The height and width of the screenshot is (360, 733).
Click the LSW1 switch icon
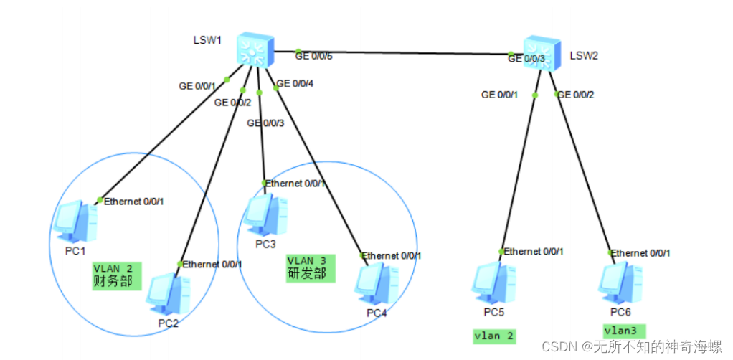(x=253, y=50)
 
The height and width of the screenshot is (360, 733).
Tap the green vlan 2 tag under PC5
(x=495, y=335)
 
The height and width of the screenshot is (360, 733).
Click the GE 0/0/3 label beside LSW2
(x=528, y=59)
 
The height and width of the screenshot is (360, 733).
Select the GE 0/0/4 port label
(x=295, y=84)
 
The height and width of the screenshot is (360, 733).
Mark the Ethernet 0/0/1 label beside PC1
(x=134, y=201)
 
